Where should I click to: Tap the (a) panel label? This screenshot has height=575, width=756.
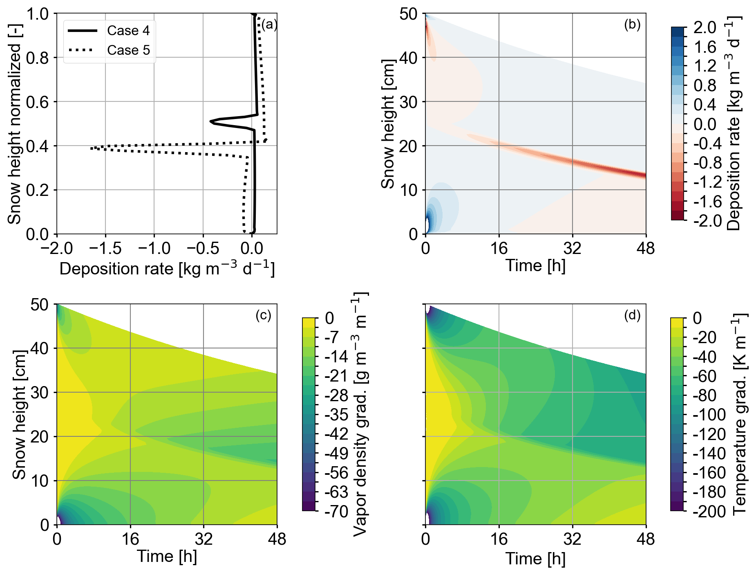point(269,25)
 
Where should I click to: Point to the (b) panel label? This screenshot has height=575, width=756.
point(632,25)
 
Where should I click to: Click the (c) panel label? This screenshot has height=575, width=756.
point(263,315)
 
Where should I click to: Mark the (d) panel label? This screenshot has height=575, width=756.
point(632,315)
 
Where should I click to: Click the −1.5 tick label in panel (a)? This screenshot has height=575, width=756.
point(105,248)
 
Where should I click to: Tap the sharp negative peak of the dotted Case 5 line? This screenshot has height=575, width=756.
point(92,148)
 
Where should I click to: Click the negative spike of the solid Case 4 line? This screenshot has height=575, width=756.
point(211,121)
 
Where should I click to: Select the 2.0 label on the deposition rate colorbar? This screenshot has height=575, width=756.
point(705,28)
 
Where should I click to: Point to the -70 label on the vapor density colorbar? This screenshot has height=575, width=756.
point(336,512)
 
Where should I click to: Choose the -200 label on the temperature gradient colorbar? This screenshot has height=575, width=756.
point(709,512)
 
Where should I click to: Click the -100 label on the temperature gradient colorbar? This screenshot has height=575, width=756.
point(709,415)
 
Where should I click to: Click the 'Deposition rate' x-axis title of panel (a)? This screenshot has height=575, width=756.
point(167,269)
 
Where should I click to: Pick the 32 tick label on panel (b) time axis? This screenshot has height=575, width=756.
point(572,248)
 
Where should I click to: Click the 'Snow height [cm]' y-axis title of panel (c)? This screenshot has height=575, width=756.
point(19,414)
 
